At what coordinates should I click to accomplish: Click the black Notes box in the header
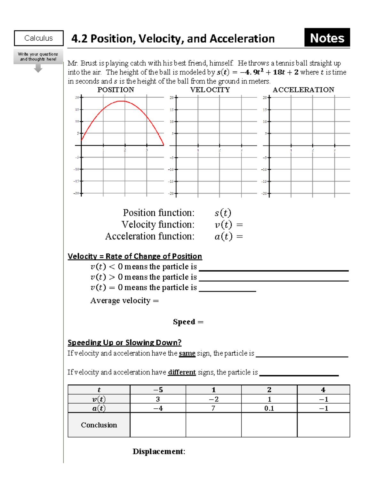coord(327,38)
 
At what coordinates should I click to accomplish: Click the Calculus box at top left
coord(39,38)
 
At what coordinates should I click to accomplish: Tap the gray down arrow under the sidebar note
coord(38,68)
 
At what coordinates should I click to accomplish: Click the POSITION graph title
coord(116,90)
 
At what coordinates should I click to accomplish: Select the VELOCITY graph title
coord(210,90)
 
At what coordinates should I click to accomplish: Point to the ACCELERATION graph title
coord(303,90)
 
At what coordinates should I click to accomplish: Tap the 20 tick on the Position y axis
coord(81,98)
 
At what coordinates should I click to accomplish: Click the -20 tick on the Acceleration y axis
coord(269,193)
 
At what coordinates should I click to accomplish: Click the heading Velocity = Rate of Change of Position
coord(135,256)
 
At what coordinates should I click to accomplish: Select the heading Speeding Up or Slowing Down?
coord(124,342)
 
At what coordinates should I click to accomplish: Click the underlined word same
coord(187,353)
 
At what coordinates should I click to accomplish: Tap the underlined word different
coord(182,372)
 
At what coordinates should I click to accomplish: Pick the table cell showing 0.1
coord(269,408)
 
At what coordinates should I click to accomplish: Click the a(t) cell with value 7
coord(213,408)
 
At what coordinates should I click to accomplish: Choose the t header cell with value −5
coord(158,390)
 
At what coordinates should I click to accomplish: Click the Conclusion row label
coord(99,425)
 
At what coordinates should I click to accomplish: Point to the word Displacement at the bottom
coord(158,452)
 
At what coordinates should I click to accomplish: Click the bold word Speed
coord(184,322)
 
